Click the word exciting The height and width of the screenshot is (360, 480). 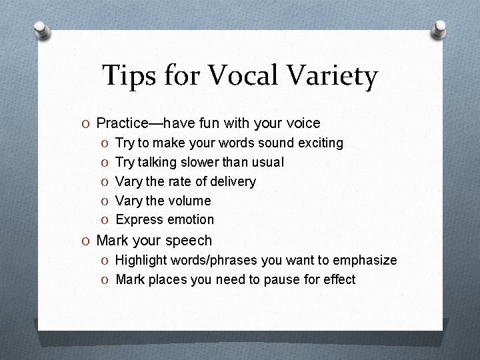[321, 143]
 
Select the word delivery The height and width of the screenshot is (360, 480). [233, 181]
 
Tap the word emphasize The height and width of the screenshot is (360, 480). [365, 260]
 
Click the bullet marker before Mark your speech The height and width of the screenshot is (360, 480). [88, 241]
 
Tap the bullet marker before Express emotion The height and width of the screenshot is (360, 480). [107, 220]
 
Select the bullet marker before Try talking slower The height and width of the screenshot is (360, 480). [107, 162]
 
